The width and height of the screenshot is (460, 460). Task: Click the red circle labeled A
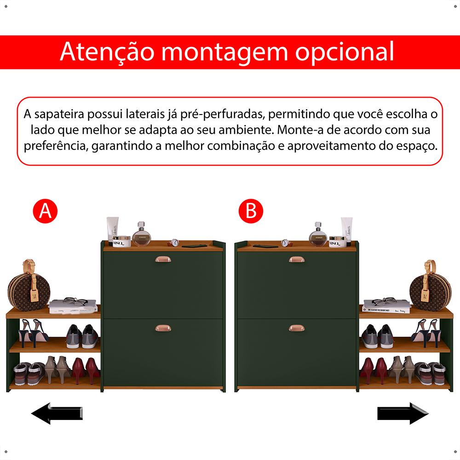(45, 211)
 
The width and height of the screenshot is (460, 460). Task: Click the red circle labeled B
(251, 211)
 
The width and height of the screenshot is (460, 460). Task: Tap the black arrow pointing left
(57, 414)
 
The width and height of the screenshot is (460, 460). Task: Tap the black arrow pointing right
(403, 414)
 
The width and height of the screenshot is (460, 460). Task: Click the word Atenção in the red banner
(107, 52)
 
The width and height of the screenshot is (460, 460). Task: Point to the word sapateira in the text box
(59, 115)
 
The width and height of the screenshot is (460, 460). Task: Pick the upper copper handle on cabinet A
(163, 259)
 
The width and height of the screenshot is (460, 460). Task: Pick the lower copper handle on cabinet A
(163, 328)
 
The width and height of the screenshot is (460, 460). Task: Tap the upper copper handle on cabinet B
(297, 259)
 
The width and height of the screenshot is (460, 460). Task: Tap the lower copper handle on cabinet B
(297, 328)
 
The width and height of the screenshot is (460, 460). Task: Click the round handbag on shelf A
(29, 287)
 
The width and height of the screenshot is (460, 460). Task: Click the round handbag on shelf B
(431, 287)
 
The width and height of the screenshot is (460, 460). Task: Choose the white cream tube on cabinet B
(346, 231)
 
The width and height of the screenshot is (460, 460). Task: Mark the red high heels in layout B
(374, 370)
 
